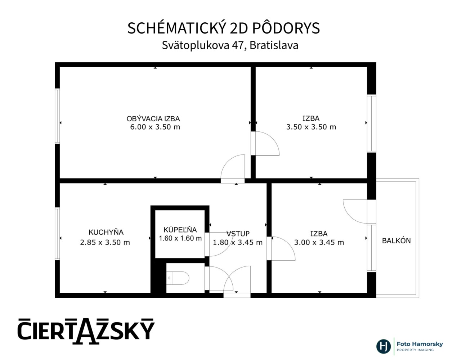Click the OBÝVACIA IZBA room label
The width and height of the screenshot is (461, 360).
[153, 118]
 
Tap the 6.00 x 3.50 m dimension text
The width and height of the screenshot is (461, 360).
[155, 127]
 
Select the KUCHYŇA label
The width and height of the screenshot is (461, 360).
[106, 232]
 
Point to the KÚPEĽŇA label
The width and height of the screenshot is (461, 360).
[180, 230]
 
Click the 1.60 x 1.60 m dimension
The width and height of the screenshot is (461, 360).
[180, 238]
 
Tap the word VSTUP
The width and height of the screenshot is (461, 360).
[238, 234]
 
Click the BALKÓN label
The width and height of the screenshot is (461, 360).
[396, 240]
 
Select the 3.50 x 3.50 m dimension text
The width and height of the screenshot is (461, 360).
[311, 127]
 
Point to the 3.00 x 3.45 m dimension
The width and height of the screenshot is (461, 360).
[319, 242]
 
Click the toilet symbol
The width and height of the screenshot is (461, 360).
[178, 278]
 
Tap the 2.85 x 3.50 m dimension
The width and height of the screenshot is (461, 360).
[105, 242]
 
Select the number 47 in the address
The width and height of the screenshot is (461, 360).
[239, 45]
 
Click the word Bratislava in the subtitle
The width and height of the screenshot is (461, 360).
[274, 45]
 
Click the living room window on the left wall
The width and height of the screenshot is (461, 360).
[57, 116]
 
